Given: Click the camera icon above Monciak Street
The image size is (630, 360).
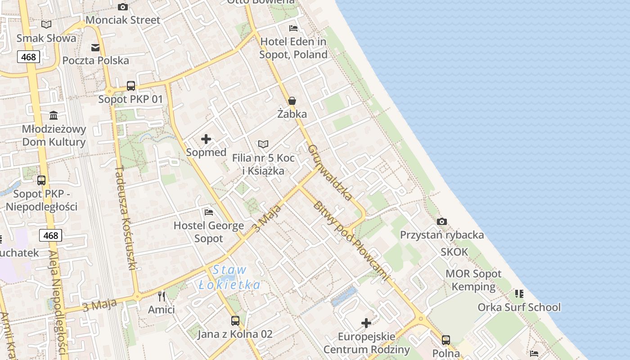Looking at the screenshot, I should coord(122,7).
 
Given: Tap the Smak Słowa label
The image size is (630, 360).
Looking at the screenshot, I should coord(46,38).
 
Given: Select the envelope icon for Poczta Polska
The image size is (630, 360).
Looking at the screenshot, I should coord(95,48).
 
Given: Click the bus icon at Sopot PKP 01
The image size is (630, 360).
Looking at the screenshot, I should coord(131,85).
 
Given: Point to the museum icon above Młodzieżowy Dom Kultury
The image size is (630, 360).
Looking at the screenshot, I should coord(54,115).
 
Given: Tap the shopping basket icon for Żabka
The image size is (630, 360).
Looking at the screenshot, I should coord(292,101).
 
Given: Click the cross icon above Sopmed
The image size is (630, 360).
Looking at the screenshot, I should coord(206,139).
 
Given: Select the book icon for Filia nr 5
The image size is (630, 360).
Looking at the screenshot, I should coord(263,144).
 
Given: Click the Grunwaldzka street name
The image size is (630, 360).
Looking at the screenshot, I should coord(330,172).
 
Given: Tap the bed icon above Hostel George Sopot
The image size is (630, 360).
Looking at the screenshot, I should coord(208,212).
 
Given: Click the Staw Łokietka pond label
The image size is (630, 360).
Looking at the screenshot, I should coord(230,277).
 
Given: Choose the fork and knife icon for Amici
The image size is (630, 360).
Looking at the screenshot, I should coord(162,297).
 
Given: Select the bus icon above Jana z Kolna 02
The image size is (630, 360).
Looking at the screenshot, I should coord(235,321).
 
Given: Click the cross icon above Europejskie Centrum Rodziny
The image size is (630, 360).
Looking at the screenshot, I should coord(366,323).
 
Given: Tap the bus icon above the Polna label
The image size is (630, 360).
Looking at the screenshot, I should coord(446,340).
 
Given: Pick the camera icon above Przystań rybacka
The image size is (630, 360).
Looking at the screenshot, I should coord(442,221).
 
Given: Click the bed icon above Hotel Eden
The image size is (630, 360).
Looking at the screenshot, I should coord(293,28).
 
